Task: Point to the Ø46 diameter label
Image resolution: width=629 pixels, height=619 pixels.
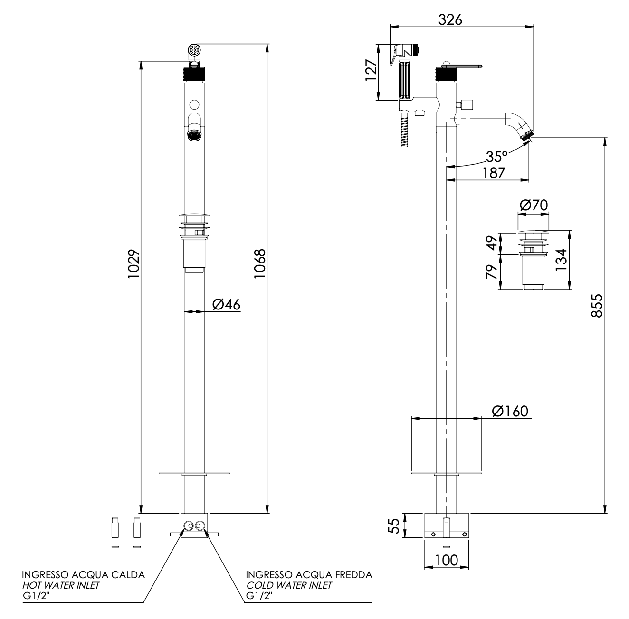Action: pos(226,304)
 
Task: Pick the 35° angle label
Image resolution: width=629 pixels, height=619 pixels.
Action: pos(497,156)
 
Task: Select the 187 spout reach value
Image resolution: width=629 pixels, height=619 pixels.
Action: pos(494,173)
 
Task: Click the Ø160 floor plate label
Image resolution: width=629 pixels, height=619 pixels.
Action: pos(510,411)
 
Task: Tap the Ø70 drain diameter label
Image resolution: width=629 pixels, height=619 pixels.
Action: pos(534,205)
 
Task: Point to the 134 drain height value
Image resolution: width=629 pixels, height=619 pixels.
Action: pos(561,260)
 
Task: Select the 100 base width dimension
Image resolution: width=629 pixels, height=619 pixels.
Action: pos(446,560)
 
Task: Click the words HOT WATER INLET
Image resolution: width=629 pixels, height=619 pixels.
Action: pos(61,585)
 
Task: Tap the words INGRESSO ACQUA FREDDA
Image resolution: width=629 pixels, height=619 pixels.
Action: pos(309,575)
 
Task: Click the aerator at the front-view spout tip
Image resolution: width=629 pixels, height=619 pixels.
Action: pos(193,136)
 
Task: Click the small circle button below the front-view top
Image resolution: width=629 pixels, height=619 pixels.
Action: pos(194,104)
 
